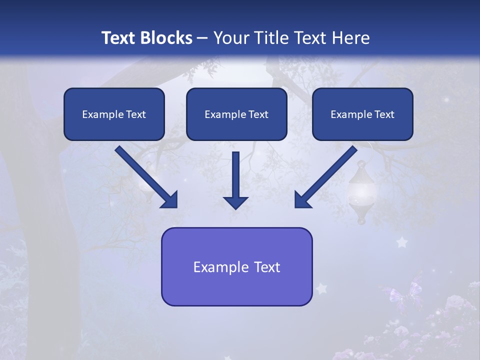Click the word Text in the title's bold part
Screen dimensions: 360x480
coord(119,38)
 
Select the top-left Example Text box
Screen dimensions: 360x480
coord(114,114)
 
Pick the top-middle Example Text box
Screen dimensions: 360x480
coord(236,114)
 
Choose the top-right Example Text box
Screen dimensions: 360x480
coord(362,114)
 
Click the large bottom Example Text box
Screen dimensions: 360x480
coord(236,266)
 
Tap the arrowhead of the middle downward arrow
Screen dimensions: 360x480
coord(236,202)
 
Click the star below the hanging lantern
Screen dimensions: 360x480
coord(401,242)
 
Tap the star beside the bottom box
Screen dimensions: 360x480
coord(321,288)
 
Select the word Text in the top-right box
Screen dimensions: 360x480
coord(384,114)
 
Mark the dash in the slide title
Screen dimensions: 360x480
coord(202,38)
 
